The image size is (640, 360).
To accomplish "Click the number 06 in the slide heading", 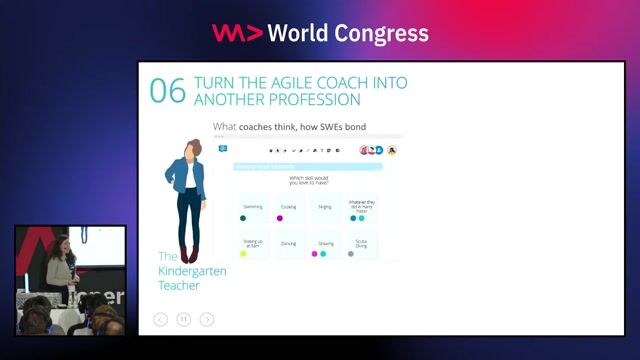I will point(167,90).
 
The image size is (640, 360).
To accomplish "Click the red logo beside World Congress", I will point(237,33).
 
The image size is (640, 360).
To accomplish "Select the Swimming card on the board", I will point(253,207).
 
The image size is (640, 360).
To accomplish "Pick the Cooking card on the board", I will point(289,207).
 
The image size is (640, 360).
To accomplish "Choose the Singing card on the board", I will point(324,207).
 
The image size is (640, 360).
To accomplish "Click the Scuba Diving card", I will point(359,243).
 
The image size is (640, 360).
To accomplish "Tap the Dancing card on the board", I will point(289,243).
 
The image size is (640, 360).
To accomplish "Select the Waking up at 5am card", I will point(253,243).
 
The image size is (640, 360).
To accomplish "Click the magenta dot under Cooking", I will point(280,218).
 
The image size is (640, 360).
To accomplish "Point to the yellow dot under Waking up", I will point(243,254).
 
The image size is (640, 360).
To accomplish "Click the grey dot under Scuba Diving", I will point(351,254).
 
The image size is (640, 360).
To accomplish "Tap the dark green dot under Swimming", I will point(243,218).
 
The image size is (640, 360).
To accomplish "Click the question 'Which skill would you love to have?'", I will point(310,180).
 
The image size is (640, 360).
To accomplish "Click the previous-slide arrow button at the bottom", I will point(160,319).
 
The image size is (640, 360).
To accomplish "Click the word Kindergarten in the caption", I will point(192,271).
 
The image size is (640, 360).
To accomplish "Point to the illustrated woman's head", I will point(190,148).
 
